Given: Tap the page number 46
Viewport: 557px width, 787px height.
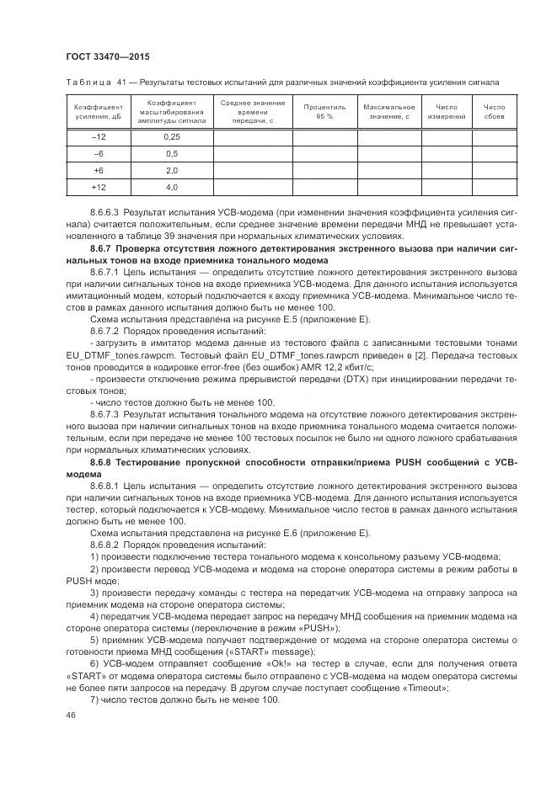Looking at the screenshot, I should click(70, 715).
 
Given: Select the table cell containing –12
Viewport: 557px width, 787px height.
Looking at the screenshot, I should click(99, 136).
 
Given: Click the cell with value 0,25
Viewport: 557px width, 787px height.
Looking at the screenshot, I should click(171, 136).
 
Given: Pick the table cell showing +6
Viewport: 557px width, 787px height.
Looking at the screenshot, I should click(99, 170).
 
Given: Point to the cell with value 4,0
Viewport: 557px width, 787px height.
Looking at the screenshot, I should click(171, 187).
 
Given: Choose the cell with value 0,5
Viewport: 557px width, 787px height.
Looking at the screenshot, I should click(171, 153).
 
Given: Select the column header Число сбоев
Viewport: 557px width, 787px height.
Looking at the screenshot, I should click(494, 112).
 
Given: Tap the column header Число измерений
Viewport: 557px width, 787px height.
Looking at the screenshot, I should click(446, 112).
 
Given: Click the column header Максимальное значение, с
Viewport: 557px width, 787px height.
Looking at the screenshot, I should click(388, 112).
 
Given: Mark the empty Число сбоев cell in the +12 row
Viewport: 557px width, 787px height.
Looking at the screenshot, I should click(494, 187).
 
